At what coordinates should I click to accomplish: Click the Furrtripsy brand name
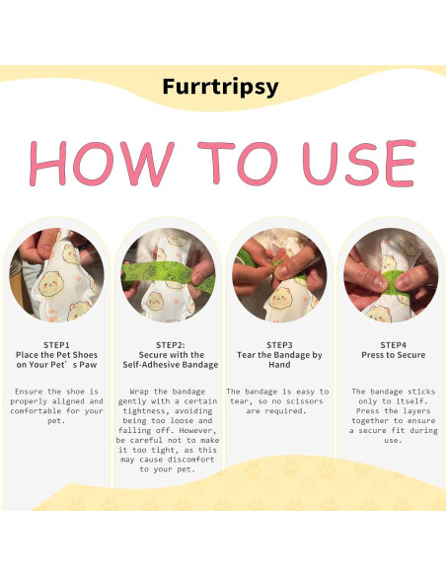[221, 87]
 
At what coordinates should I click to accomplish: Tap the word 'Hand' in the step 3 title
[280, 364]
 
